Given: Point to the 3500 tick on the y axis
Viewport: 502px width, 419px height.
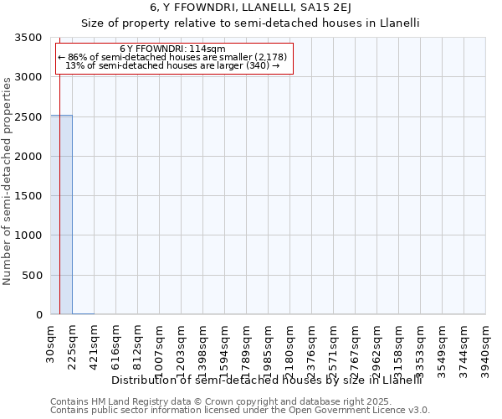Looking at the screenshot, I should point(30,39).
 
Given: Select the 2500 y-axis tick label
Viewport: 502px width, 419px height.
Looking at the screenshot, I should point(30,117).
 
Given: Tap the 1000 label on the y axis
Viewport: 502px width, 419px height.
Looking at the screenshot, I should point(30,236).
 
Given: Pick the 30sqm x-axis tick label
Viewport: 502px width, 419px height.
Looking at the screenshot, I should point(51,341).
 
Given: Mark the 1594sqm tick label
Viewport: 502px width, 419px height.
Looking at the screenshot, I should point(225,346).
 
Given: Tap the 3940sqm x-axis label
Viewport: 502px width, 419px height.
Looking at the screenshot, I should point(486,346).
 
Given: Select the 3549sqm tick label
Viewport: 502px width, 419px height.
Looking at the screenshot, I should point(443,346).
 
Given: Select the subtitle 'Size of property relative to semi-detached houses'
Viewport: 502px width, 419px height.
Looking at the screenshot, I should point(250,24).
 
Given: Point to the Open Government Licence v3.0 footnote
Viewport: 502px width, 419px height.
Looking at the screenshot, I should point(240,410).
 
